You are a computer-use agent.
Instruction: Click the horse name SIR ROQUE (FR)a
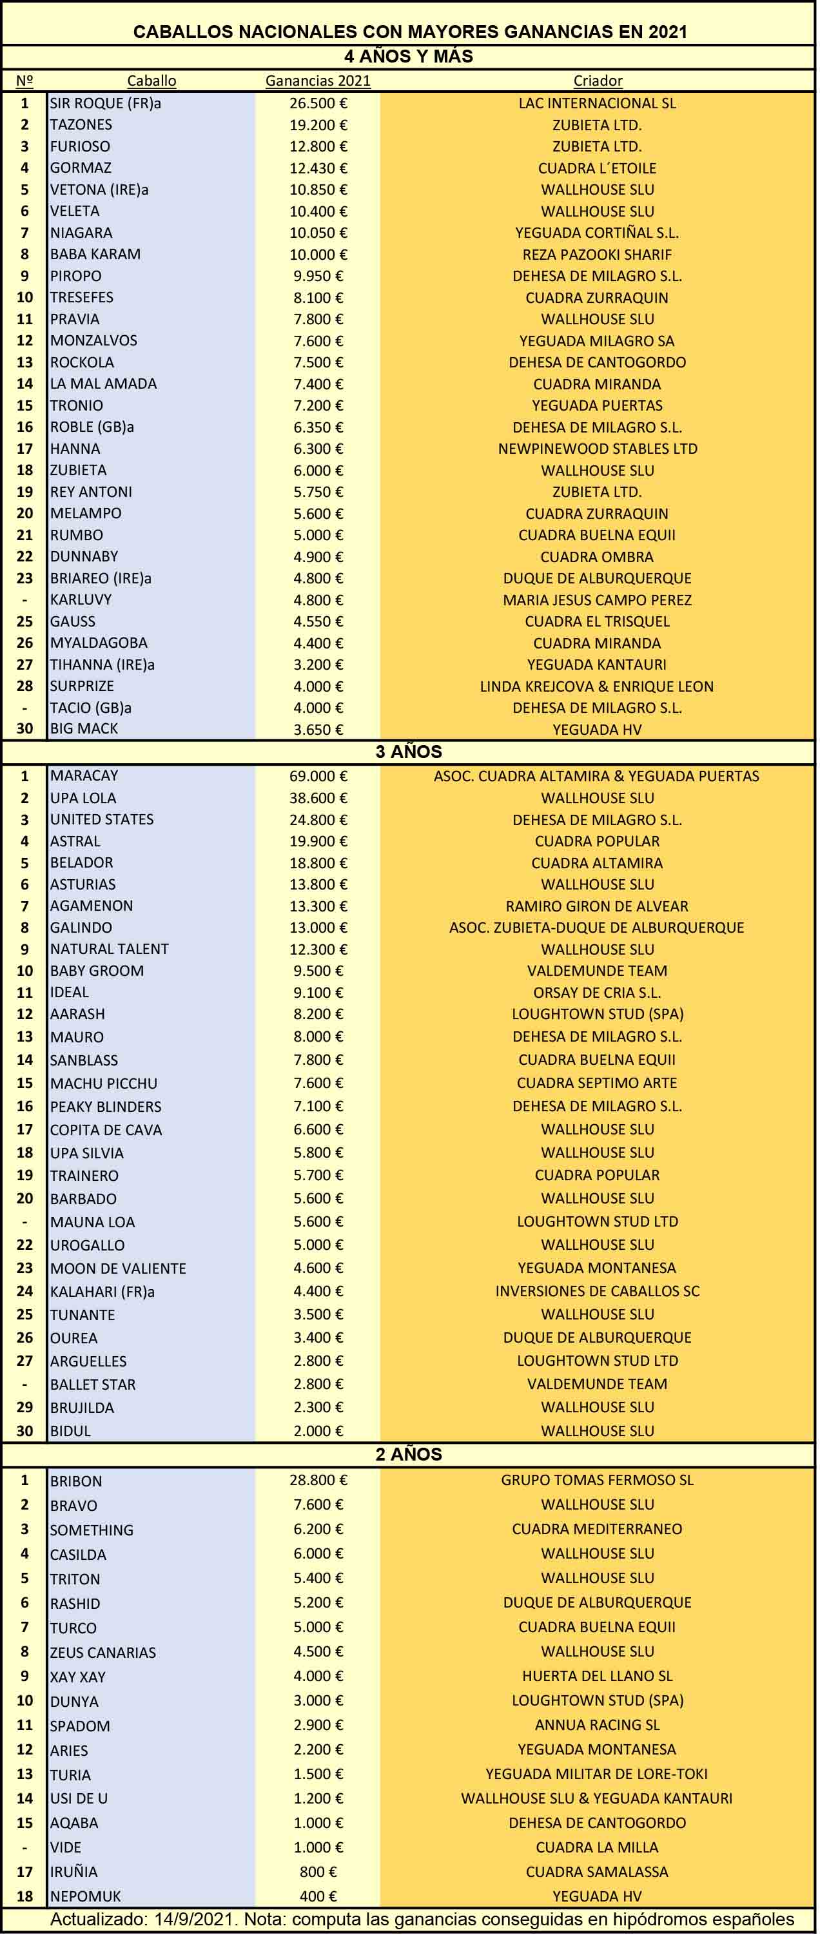(x=106, y=103)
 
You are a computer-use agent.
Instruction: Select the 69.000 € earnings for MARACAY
(x=318, y=776)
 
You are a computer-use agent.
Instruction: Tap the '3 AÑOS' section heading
(x=409, y=752)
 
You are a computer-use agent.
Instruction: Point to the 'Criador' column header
(x=598, y=81)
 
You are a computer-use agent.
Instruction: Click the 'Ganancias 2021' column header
(x=318, y=81)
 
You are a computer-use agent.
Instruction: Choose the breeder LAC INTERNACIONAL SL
(x=597, y=103)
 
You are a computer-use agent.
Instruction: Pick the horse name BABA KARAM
(x=95, y=254)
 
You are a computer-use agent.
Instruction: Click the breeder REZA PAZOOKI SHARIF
(x=597, y=255)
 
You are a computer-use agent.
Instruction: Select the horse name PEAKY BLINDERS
(x=106, y=1107)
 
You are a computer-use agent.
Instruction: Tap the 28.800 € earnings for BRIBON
(x=318, y=1480)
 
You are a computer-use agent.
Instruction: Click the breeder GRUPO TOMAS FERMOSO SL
(x=597, y=1480)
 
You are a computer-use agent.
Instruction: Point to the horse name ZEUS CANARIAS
(x=103, y=1652)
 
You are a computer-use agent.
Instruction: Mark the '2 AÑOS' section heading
(x=409, y=1454)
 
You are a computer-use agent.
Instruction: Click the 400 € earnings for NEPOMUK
(x=318, y=1896)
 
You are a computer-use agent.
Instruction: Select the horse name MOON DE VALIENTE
(x=118, y=1268)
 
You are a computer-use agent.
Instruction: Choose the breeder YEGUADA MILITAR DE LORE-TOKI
(x=597, y=1773)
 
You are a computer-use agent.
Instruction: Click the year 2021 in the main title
(x=668, y=32)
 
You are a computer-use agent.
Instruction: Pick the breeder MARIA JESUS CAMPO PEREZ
(x=597, y=600)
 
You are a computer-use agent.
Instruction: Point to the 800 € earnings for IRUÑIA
(x=318, y=1871)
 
